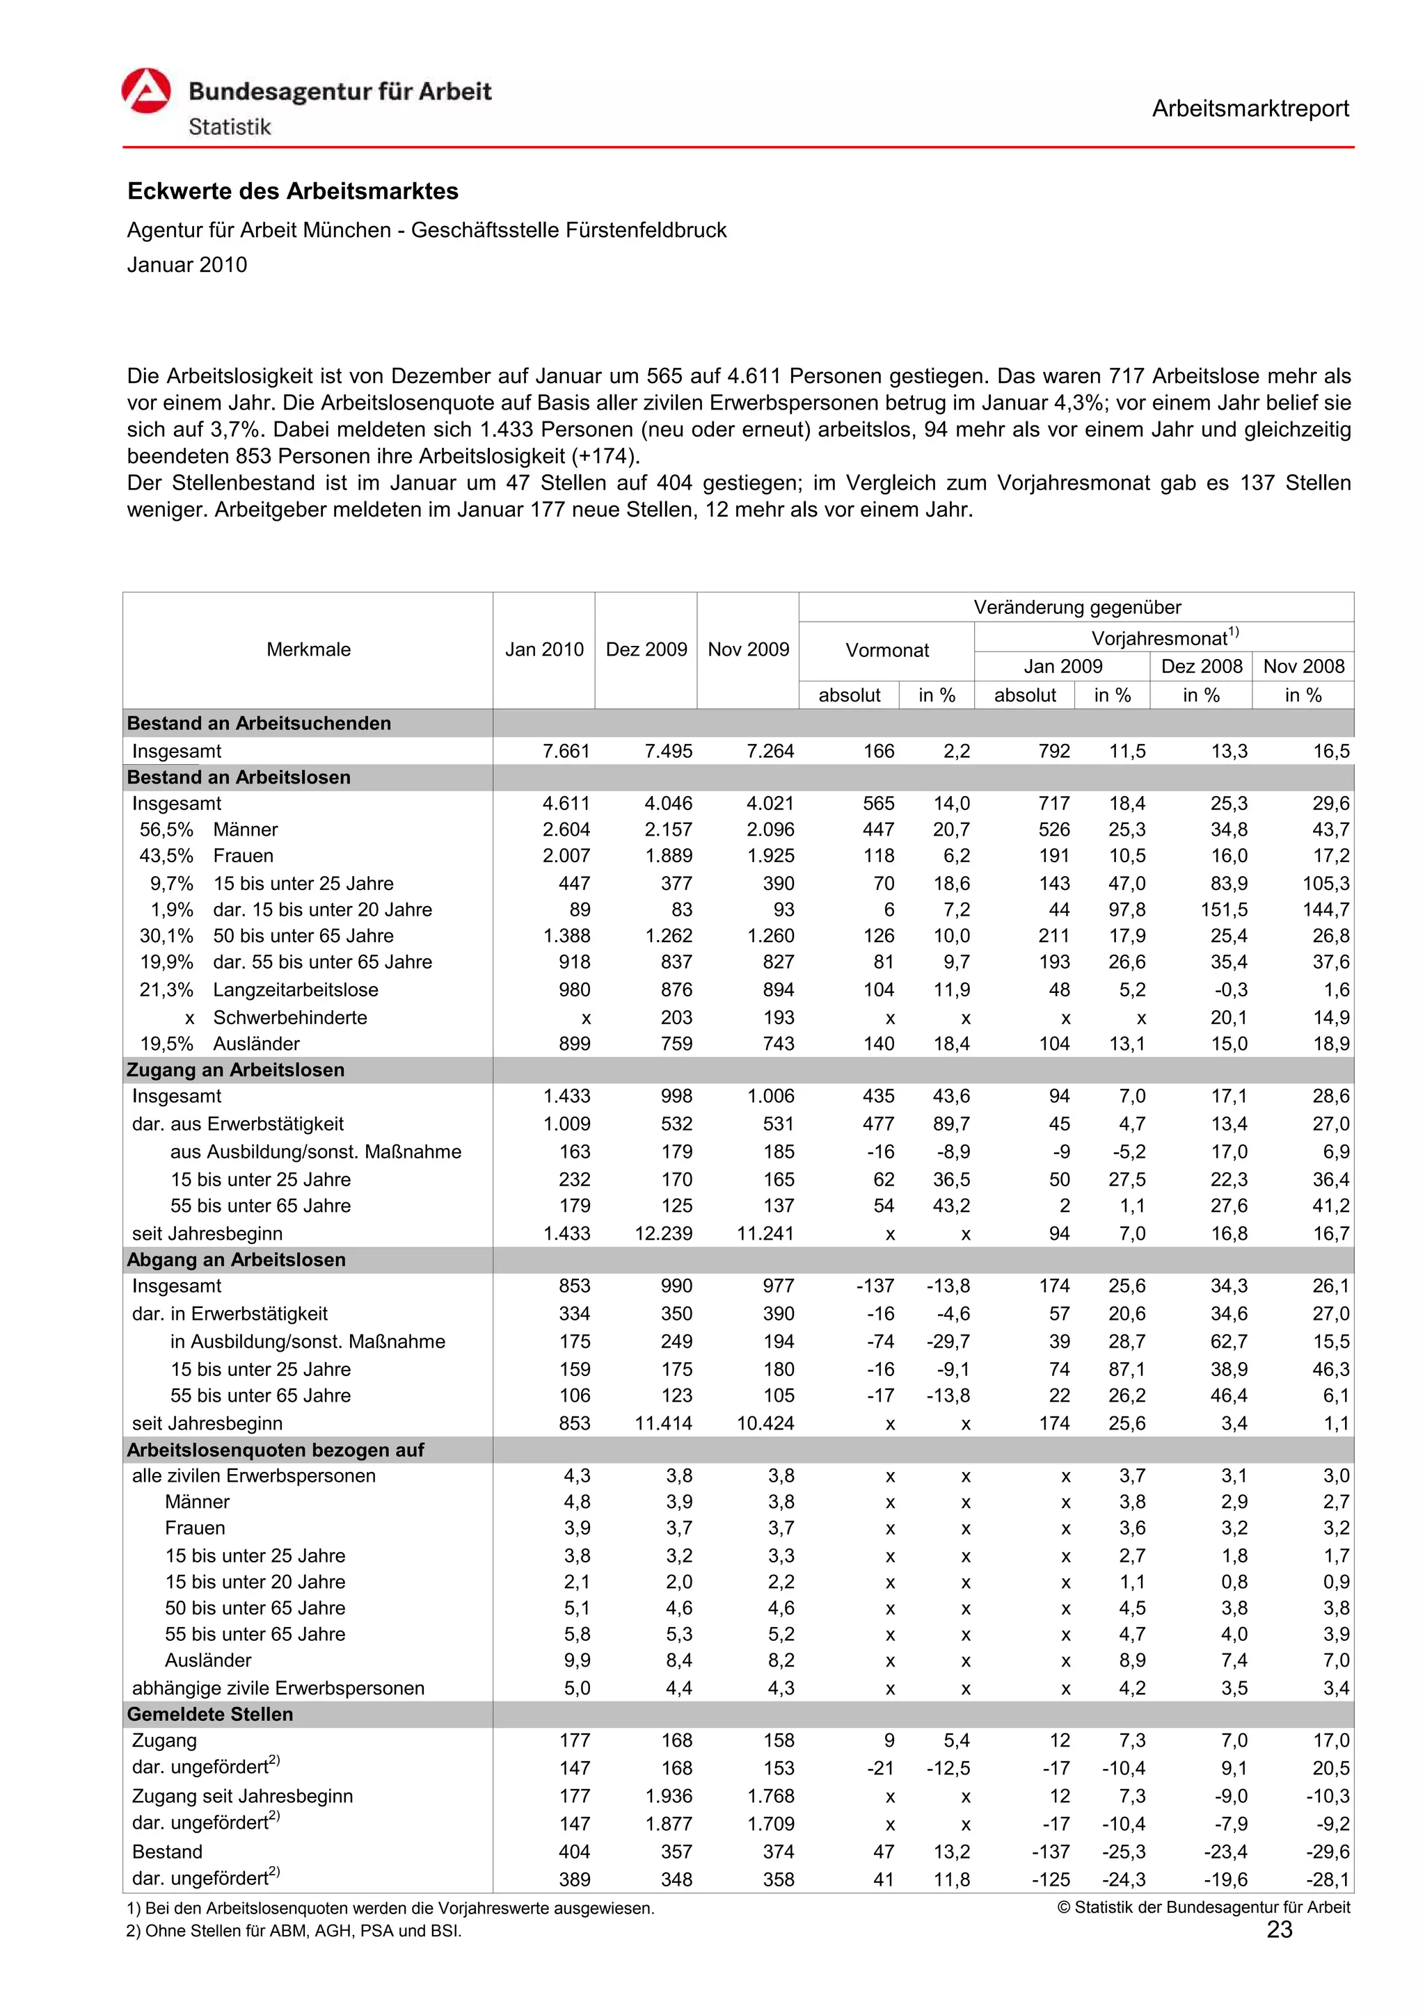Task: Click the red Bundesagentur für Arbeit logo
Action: click(145, 91)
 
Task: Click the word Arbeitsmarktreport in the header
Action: click(1250, 109)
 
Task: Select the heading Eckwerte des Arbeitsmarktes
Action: click(292, 191)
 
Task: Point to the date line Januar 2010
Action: click(187, 265)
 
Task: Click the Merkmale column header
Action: click(308, 650)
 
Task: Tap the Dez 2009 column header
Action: click(646, 650)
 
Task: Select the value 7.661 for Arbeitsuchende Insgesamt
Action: click(566, 751)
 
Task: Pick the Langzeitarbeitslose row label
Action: click(295, 990)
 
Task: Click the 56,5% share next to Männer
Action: click(166, 830)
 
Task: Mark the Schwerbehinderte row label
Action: click(289, 1018)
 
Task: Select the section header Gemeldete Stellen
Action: click(210, 1715)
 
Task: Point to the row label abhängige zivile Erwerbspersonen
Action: click(278, 1688)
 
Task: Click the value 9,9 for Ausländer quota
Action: click(577, 1660)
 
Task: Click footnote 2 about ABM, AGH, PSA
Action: click(294, 1931)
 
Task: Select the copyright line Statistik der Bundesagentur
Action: click(1203, 1907)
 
